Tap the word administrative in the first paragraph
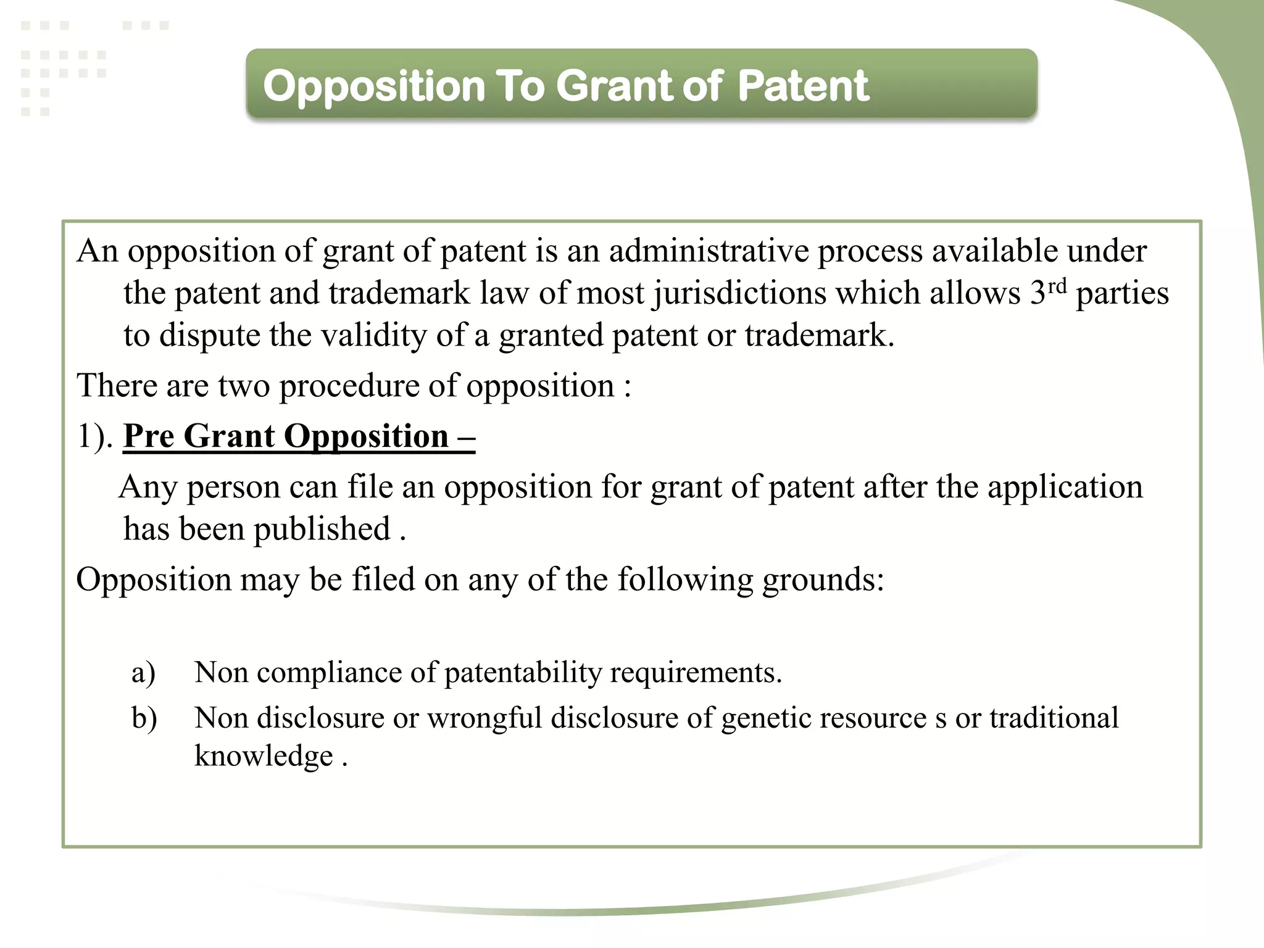tap(709, 251)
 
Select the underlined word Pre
tap(149, 436)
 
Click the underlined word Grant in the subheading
tap(229, 436)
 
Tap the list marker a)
tap(143, 672)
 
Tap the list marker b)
tap(144, 718)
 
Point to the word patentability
tap(523, 673)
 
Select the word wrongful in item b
tap(484, 718)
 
